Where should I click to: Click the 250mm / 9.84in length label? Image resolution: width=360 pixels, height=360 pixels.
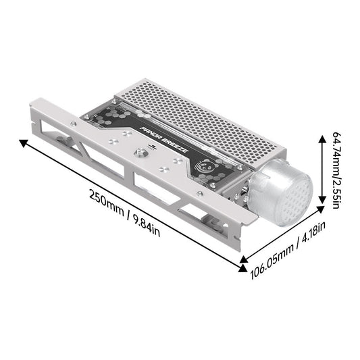tap(124, 211)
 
